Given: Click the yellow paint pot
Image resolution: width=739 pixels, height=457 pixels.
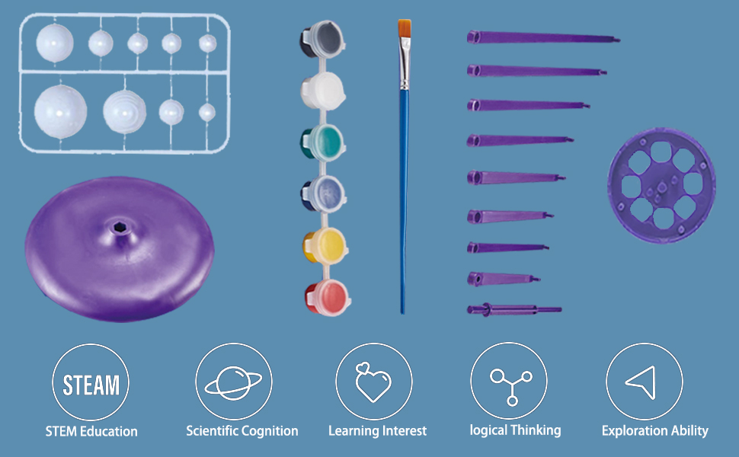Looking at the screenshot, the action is coord(325,244).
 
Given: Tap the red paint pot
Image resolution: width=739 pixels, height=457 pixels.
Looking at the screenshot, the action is coord(325,293).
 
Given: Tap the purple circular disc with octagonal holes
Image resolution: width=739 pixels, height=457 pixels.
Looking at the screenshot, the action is coord(661,185).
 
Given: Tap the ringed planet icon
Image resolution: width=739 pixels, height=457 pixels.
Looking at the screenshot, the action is coord(233,382).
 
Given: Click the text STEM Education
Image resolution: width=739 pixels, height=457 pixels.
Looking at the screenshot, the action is coord(91,432).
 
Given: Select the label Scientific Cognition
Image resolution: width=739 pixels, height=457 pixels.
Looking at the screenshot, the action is coord(242,431).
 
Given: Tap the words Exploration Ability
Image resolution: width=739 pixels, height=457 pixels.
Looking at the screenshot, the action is coord(654,431).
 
